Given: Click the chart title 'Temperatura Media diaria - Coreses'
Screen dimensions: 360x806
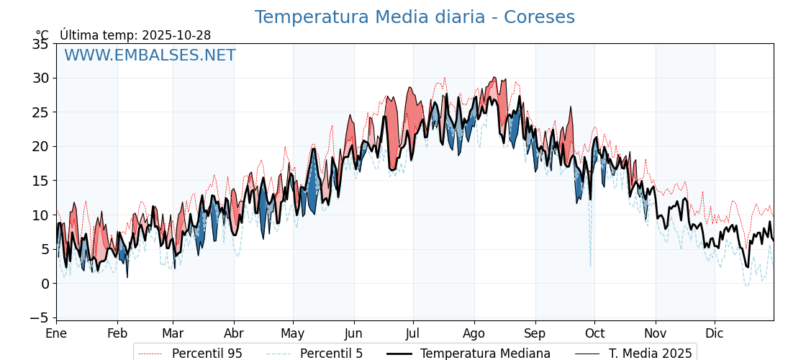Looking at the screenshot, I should pyautogui.click(x=415, y=17).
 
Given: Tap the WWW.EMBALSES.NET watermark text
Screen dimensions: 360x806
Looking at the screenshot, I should pyautogui.click(x=150, y=55).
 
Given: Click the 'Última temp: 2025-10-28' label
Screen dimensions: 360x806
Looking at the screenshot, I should pyautogui.click(x=135, y=35).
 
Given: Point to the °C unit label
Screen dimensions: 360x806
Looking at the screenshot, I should pyautogui.click(x=42, y=35).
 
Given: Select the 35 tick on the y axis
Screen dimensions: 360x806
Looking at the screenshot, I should pyautogui.click(x=40, y=44).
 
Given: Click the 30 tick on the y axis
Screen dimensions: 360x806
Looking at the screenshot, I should pyautogui.click(x=40, y=78).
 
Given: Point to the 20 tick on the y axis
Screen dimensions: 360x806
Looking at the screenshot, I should pyautogui.click(x=40, y=146).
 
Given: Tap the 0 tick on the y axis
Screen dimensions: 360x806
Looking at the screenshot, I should pyautogui.click(x=45, y=284).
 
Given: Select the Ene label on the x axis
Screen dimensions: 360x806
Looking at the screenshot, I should pyautogui.click(x=56, y=333).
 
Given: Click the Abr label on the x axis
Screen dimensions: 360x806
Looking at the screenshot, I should pyautogui.click(x=234, y=333).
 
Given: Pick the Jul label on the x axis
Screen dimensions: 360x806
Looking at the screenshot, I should pyautogui.click(x=413, y=333).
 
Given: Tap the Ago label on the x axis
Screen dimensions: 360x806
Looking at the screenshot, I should pyautogui.click(x=474, y=333).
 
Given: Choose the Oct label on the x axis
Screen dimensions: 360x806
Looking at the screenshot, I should pyautogui.click(x=594, y=333).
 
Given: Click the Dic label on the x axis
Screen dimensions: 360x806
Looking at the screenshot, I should pyautogui.click(x=715, y=333).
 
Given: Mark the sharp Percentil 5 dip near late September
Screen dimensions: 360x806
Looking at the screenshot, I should pyautogui.click(x=591, y=265).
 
